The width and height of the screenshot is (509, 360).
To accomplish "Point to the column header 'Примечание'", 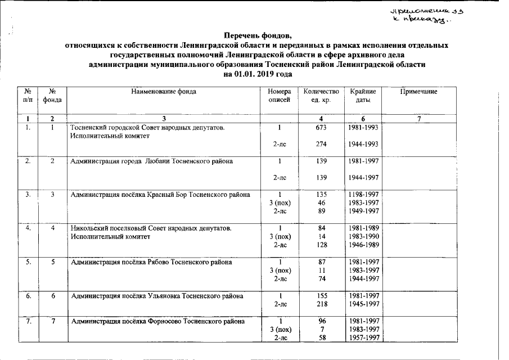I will (418, 91).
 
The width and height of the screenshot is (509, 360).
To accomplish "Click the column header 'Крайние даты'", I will (363, 96).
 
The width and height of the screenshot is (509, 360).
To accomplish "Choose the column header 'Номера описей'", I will (280, 96).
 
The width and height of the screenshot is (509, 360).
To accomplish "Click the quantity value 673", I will (321, 128).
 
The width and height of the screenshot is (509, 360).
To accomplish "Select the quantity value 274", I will (321, 145).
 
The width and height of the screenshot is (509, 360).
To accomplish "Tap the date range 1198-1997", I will (363, 195).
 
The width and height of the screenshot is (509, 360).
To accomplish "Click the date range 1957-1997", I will (363, 337).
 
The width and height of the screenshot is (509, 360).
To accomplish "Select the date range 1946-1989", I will (363, 245).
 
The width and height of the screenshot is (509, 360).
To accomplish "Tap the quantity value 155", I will (321, 295).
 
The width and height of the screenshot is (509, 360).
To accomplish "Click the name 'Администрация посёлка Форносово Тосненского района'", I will (157, 322).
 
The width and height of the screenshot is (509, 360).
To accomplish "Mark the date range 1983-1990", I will (363, 237).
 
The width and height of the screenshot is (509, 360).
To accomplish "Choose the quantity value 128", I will (321, 245).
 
